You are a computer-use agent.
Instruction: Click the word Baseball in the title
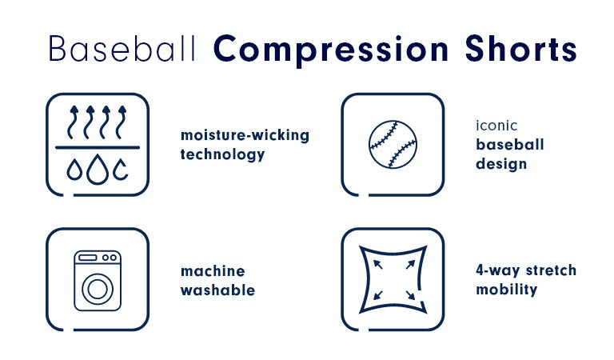point(122,49)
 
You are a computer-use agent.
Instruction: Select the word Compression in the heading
point(331,50)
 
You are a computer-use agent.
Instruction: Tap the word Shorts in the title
point(520,49)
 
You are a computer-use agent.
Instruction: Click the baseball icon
point(393,144)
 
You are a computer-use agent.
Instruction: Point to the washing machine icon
point(98,281)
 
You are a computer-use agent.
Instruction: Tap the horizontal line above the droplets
point(98,148)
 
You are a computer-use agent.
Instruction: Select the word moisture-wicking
point(245,135)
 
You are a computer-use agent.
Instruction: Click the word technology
point(222,154)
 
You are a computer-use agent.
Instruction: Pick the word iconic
point(496,126)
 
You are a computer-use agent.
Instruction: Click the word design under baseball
point(501,164)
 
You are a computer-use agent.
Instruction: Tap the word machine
point(213,271)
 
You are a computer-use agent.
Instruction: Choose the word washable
point(217,290)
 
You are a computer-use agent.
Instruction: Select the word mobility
point(506,290)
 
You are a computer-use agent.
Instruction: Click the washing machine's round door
point(98,289)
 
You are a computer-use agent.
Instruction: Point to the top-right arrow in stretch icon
point(410,265)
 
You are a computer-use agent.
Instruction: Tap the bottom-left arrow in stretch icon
point(378,295)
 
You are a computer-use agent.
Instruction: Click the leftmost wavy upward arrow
point(73,122)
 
